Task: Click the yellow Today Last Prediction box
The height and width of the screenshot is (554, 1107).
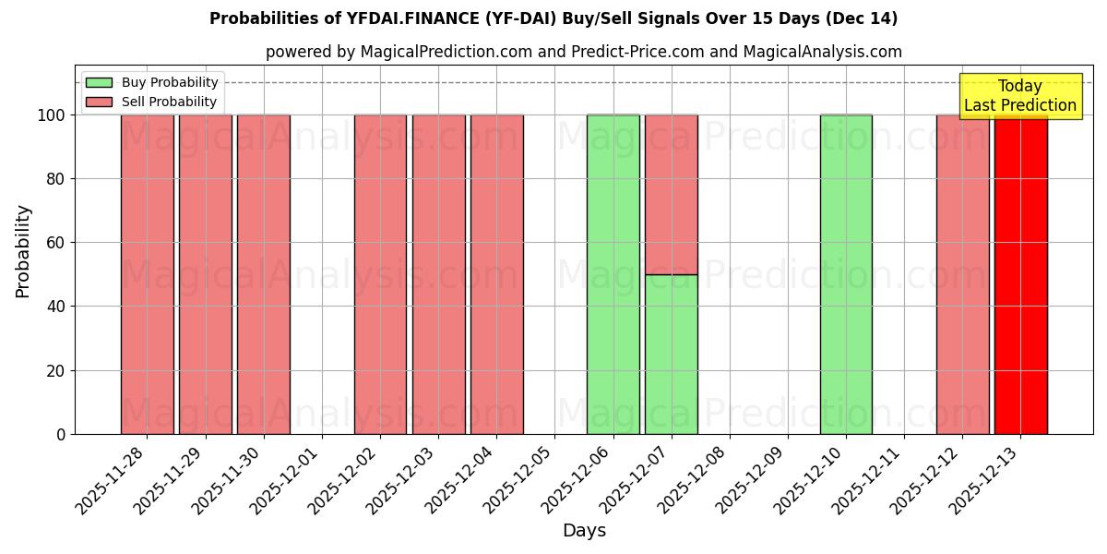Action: [x=1019, y=96]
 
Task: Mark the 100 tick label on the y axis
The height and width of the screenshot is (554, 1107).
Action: [x=52, y=115]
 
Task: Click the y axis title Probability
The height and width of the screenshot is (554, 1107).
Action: [x=23, y=250]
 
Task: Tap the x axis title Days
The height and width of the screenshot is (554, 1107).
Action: [x=584, y=531]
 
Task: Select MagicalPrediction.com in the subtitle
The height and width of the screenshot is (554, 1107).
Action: [x=446, y=52]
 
